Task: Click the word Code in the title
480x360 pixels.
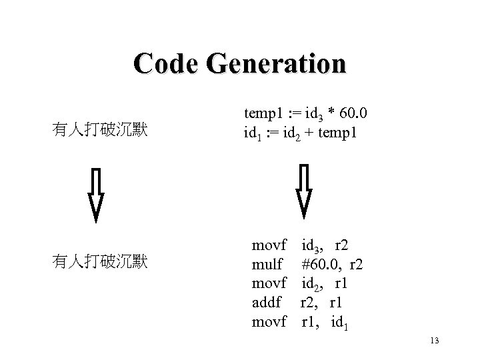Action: coord(167,64)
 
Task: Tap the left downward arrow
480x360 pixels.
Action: coord(97,194)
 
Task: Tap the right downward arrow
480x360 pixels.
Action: coord(304,191)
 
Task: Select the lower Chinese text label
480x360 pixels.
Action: coord(99,262)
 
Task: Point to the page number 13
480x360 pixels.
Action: coord(435,341)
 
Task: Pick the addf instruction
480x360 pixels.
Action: coord(267,303)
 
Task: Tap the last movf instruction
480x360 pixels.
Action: coord(269,322)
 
